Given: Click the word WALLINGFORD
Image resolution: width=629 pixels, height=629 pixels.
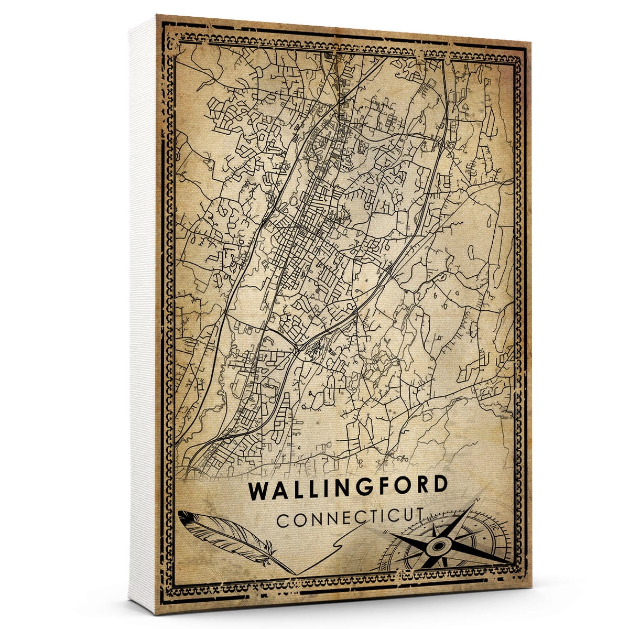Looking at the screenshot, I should coord(349,488).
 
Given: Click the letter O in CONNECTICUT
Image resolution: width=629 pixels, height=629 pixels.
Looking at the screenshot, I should coord(296,522).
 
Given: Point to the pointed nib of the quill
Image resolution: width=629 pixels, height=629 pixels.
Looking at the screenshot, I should coord(295,573).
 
